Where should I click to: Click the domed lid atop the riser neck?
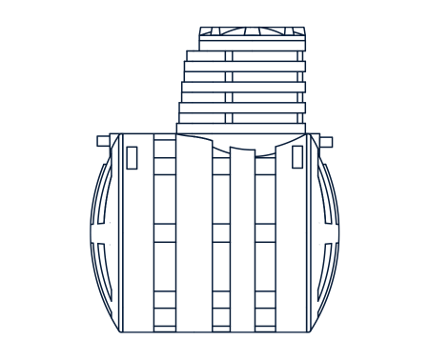tap(252, 37)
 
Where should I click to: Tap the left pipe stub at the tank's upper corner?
tap(103, 142)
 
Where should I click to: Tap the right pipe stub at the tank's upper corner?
tap(326, 142)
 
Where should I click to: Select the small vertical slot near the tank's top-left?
tap(132, 157)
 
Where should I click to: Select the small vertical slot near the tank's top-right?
tap(297, 157)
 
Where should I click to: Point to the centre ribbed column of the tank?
tap(221, 238)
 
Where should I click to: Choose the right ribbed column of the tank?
tap(265, 238)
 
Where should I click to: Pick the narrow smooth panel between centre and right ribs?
tap(242, 238)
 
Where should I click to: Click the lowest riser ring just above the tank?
tap(241, 128)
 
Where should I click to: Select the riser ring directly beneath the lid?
tap(245, 55)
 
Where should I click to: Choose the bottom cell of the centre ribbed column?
tap(221, 319)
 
